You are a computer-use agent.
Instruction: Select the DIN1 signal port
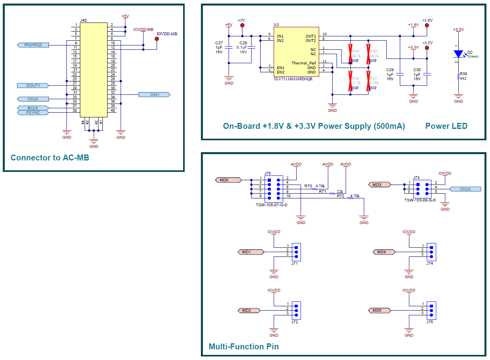pos(154,94)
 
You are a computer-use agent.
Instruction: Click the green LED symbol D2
pos(458,54)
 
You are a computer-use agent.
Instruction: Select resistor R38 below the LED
pos(458,77)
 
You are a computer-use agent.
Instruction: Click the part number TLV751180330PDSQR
pos(293,79)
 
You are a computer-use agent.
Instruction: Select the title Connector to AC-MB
pos(50,158)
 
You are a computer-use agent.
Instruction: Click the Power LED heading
pos(446,126)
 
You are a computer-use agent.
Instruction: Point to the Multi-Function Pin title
pos(244,347)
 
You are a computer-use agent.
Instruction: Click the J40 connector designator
pos(83,20)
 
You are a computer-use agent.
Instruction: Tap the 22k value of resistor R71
pos(340,191)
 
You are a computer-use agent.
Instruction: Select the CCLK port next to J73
pos(465,189)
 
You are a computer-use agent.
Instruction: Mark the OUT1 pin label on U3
pos(310,36)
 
